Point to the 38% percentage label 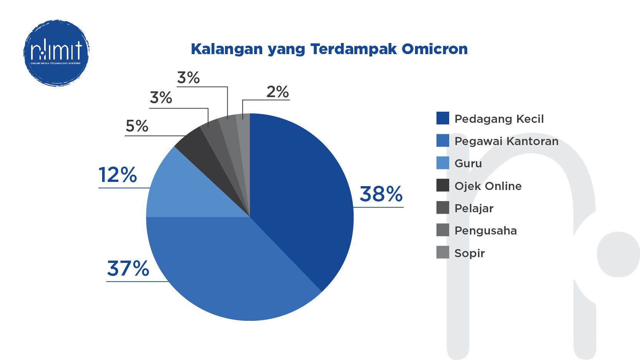point(381,194)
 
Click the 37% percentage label point(128,269)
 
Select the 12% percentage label point(118,175)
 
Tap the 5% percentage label point(137,126)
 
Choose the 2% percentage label point(278,92)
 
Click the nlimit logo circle point(56,53)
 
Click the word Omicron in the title point(434,49)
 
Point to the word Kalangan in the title point(227,49)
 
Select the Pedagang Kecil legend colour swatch point(443,118)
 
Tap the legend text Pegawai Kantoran point(506,141)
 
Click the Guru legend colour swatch point(443,163)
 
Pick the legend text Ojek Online point(488,186)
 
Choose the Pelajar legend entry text point(474,208)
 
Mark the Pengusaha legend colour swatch point(443,230)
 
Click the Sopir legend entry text point(470,253)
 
